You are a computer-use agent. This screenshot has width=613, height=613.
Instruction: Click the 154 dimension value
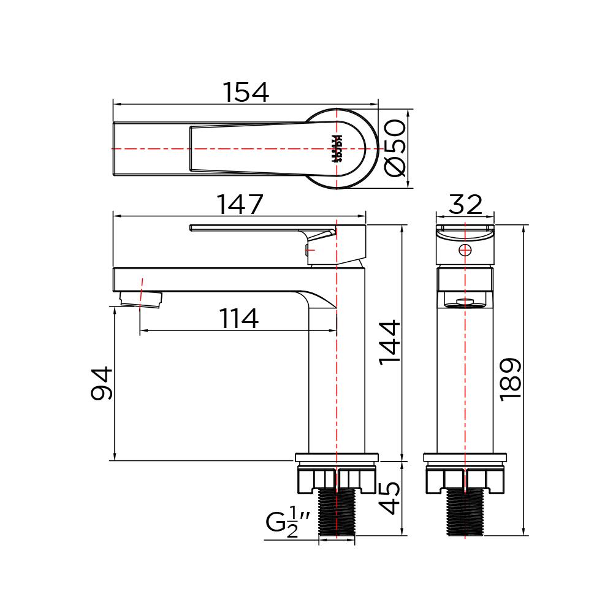245,93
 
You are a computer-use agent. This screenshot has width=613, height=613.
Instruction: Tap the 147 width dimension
240,205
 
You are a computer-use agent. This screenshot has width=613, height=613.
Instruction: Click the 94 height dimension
102,384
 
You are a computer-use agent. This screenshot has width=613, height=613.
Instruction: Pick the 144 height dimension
390,341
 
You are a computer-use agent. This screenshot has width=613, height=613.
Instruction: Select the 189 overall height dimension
510,379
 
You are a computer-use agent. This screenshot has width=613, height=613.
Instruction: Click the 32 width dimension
465,205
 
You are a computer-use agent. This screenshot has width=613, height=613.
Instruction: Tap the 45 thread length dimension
390,498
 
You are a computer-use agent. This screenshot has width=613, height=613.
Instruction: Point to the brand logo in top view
336,148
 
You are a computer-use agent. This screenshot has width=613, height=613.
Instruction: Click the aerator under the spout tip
141,299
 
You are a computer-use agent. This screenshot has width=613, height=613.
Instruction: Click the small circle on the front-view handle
465,249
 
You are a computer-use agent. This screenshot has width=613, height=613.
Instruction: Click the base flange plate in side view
337,457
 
